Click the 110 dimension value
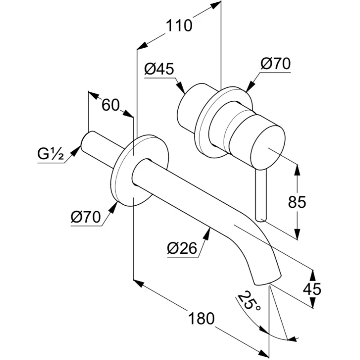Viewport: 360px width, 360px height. [x=179, y=26]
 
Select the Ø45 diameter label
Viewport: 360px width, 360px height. [x=159, y=69]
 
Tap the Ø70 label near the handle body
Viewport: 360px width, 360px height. [x=275, y=63]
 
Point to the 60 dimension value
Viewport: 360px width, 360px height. [x=110, y=105]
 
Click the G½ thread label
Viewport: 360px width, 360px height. [x=49, y=155]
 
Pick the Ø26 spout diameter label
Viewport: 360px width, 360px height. [x=182, y=248]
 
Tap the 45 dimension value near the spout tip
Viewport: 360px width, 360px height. [x=312, y=288]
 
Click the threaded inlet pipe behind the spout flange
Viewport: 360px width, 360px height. [x=101, y=148]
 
